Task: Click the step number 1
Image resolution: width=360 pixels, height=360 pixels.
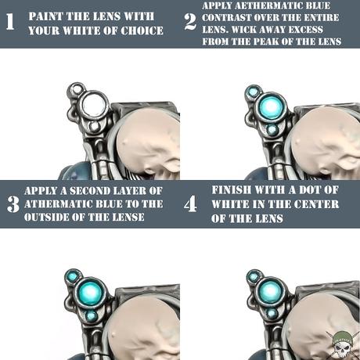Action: (10, 21)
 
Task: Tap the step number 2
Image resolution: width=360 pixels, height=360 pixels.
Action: (190, 22)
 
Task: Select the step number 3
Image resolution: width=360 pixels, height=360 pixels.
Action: (13, 204)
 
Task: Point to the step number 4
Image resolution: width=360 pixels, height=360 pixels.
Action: (190, 204)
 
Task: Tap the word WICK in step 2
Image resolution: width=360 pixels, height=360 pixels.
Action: (247, 30)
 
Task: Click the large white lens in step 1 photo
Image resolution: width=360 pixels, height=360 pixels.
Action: (94, 104)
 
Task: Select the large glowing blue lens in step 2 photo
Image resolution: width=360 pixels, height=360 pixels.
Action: (271, 106)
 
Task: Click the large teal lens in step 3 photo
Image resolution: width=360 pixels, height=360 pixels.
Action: (91, 293)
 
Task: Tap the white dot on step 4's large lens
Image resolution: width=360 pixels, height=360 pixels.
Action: (270, 290)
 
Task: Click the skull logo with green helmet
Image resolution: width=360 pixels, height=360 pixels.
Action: (342, 344)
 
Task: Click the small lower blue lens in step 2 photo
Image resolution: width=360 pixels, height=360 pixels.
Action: (272, 129)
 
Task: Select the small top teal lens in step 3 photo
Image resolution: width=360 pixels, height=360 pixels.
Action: (72, 275)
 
